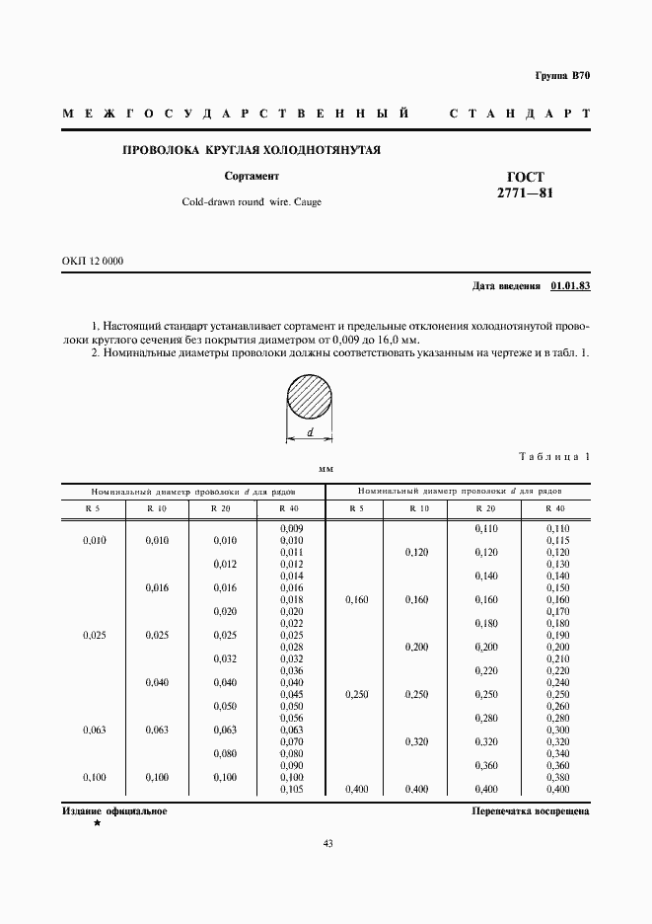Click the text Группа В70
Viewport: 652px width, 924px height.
[x=562, y=76]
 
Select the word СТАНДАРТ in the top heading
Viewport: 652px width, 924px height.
[x=520, y=115]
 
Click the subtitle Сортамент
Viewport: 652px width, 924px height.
[x=252, y=177]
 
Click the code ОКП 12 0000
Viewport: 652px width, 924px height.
[x=93, y=261]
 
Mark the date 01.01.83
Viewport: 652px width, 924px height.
[x=570, y=285]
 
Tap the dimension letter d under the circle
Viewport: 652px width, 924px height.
[x=311, y=432]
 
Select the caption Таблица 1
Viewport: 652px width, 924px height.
[x=553, y=456]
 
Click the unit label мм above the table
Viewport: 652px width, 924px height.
[x=326, y=471]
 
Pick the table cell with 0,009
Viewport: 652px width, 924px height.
[x=291, y=529]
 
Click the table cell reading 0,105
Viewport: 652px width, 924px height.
[x=291, y=790]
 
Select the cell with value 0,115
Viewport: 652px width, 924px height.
[x=558, y=541]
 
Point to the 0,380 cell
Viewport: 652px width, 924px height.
[x=558, y=778]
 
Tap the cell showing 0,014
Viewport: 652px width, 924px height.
[x=291, y=577]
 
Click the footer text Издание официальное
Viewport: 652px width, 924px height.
[x=114, y=810]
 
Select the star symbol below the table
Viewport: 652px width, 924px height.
[x=97, y=822]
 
